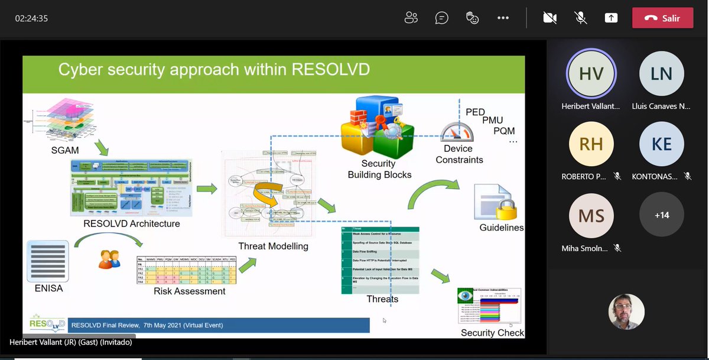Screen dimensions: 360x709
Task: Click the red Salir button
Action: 662,18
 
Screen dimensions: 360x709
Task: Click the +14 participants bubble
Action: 662,215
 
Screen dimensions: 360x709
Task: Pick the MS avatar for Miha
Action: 591,215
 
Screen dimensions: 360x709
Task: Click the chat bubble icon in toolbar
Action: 441,18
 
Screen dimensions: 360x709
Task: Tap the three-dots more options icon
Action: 503,18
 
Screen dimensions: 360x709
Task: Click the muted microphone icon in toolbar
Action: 581,18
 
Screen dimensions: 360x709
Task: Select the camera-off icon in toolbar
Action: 550,18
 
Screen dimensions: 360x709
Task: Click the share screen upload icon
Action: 611,18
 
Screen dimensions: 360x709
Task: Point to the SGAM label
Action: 65,151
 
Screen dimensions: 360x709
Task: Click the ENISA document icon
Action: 48,261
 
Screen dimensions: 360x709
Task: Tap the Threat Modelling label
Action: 273,246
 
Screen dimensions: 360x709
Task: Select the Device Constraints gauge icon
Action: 458,131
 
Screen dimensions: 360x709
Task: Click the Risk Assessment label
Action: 189,291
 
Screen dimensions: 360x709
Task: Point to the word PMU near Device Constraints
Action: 492,121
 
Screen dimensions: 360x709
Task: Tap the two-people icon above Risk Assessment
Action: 109,259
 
